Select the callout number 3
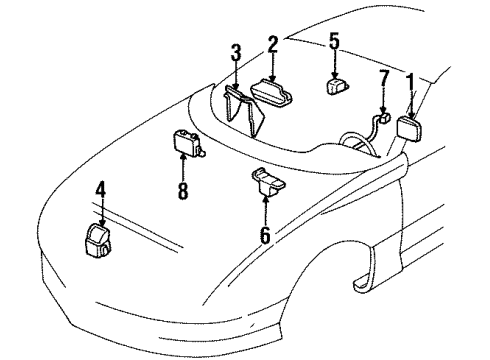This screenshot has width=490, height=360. click(x=235, y=52)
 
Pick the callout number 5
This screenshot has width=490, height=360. click(x=335, y=41)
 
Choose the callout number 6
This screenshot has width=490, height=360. click(x=264, y=236)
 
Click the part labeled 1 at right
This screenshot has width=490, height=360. click(x=413, y=129)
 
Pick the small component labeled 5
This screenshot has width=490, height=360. click(x=337, y=85)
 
